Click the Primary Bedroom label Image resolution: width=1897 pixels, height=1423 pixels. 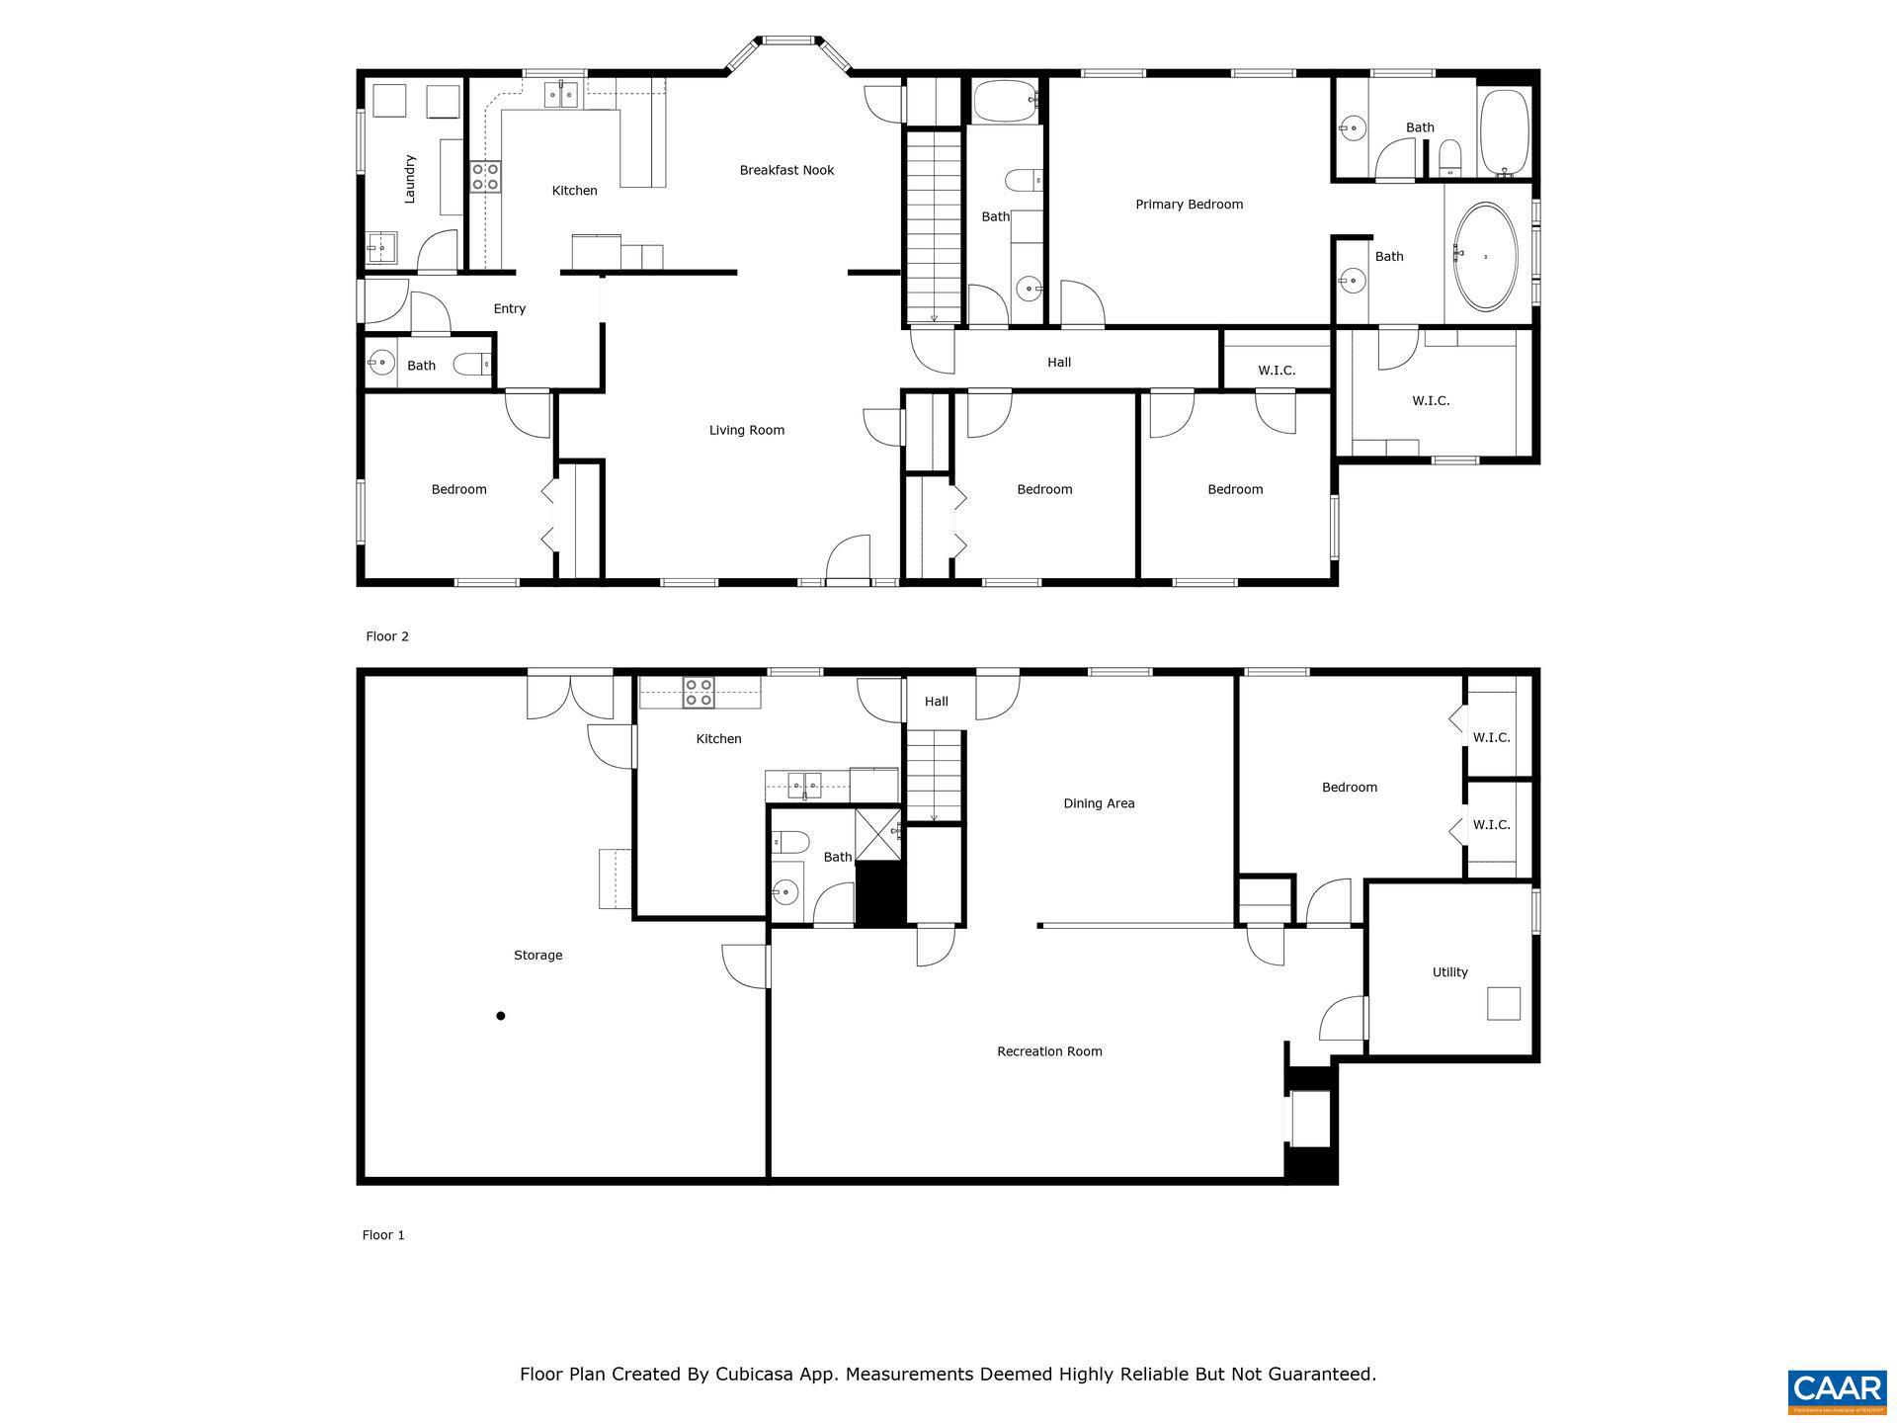1189,205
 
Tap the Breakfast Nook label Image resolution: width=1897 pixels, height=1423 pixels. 786,170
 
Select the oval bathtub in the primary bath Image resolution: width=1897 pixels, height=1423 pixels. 1484,257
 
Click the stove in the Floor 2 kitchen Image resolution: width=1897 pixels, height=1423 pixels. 485,177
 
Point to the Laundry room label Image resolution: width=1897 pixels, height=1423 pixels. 410,179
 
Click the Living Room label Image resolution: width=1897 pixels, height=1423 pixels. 746,430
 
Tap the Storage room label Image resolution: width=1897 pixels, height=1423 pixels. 537,955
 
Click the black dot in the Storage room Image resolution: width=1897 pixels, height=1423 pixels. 501,1016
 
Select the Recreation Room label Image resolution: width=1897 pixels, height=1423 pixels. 1049,1051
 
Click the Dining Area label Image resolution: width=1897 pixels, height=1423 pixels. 1099,803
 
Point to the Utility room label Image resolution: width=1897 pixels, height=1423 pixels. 1449,972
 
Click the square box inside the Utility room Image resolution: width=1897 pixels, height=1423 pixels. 1504,1003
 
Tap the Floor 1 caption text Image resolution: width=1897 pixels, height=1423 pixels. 383,1235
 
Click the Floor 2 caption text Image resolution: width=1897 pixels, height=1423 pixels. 386,636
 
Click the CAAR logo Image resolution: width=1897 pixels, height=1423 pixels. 1839,1389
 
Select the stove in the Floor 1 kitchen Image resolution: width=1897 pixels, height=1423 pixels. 699,693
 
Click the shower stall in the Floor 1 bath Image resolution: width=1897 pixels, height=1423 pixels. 877,834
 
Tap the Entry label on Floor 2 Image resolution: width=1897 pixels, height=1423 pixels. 509,308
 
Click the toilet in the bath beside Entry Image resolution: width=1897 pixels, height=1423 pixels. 471,366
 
